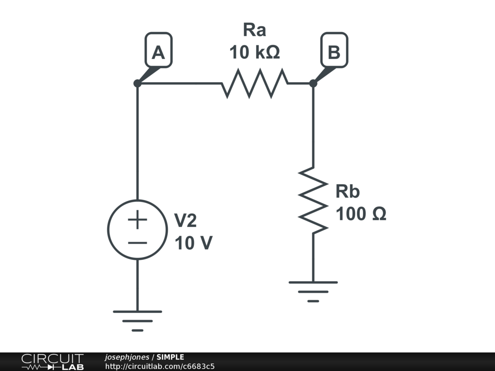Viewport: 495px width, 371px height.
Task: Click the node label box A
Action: tap(159, 50)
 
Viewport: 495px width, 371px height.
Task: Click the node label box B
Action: tap(335, 50)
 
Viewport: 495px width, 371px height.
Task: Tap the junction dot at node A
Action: tap(137, 83)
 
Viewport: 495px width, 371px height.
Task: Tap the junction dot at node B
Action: tap(313, 83)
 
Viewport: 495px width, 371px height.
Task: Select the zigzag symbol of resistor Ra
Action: tap(255, 83)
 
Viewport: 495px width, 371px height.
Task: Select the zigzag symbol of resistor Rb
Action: tap(313, 200)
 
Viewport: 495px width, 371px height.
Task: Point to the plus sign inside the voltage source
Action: tap(137, 219)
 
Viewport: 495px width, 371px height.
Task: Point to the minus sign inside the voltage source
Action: tap(137, 243)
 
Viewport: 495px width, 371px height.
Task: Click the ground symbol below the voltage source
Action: tap(137, 321)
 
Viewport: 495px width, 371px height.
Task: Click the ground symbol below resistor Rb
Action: tap(313, 291)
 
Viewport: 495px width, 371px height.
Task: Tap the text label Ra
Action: tap(254, 30)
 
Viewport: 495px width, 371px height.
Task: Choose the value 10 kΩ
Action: tap(254, 52)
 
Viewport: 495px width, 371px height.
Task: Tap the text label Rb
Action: tap(348, 191)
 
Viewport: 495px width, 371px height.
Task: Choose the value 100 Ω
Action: tap(361, 214)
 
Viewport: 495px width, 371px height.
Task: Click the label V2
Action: tap(185, 220)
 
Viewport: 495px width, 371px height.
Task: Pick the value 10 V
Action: tap(193, 243)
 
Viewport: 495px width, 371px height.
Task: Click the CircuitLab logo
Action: tap(52, 362)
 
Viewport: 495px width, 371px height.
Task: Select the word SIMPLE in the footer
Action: tap(170, 357)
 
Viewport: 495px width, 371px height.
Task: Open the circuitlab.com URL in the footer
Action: tap(160, 366)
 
